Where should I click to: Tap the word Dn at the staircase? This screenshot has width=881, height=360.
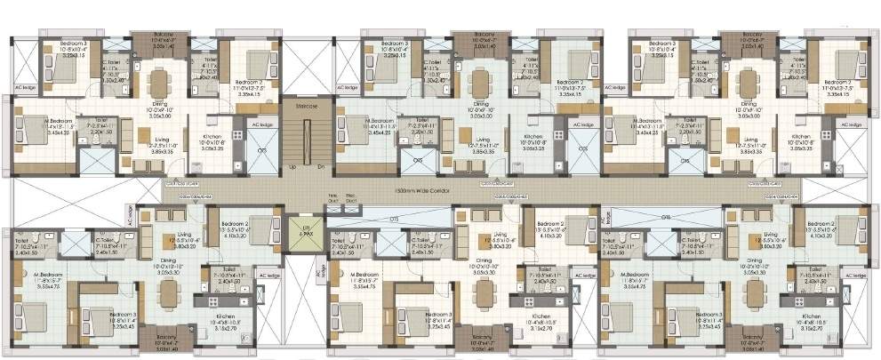click(x=320, y=166)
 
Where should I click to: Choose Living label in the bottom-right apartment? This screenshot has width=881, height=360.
click(x=747, y=236)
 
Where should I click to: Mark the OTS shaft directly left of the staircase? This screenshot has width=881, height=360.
click(x=261, y=151)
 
